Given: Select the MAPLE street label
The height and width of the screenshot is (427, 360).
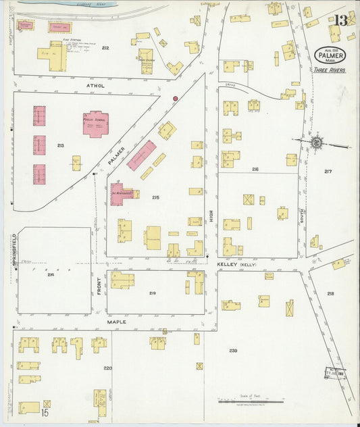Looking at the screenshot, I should click(x=117, y=322).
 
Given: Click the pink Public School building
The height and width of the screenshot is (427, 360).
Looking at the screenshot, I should click(x=95, y=124).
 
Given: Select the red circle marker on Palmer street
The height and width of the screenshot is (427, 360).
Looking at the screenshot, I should click(x=176, y=99).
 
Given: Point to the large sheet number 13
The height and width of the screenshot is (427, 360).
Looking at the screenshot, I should click(x=340, y=20).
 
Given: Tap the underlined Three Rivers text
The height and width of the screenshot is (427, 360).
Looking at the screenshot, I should click(x=329, y=70).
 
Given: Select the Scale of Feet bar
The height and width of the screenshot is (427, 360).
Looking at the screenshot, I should click(x=241, y=401).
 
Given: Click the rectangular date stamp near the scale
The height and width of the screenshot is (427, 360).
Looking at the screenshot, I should click(x=335, y=372).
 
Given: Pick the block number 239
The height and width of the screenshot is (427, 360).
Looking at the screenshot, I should click(x=233, y=351).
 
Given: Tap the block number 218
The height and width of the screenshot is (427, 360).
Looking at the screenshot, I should click(x=330, y=294).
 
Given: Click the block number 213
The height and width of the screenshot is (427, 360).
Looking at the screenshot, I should click(x=61, y=145).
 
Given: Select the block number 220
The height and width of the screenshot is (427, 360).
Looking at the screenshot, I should click(x=107, y=368).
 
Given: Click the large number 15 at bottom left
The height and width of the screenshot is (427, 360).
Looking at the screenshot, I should click(x=45, y=412).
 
